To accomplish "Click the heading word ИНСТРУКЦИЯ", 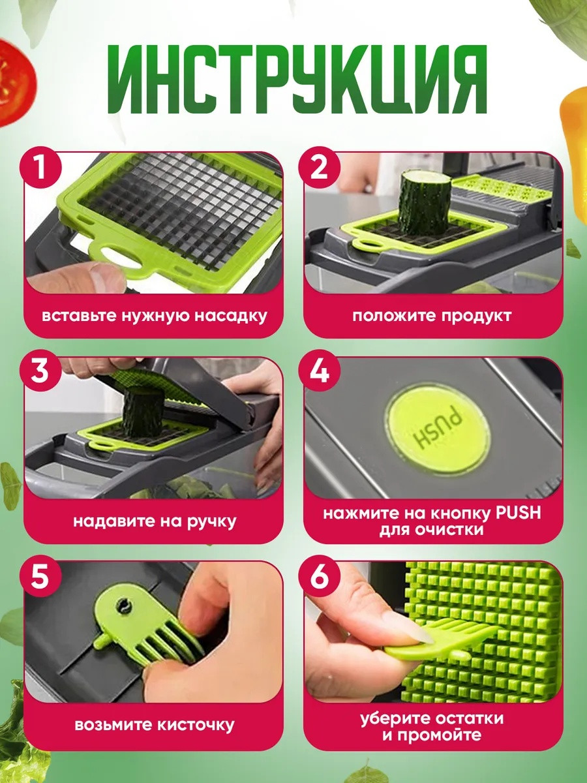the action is [297, 80].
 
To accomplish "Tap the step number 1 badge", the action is [40, 167].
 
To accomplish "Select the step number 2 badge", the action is [319, 167].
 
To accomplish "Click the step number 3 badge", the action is [40, 370].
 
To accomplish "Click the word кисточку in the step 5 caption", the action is [196, 725].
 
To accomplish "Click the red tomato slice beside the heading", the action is [16, 82].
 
